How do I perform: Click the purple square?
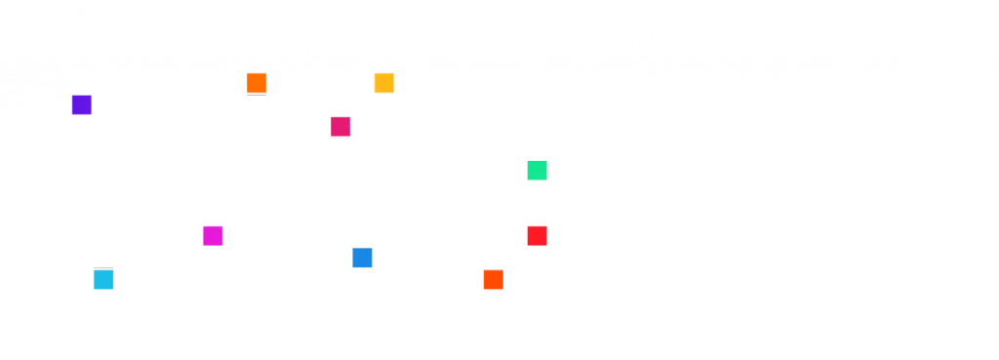81,104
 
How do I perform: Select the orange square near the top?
257,83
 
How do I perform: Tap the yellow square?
384,83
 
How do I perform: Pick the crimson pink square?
340,126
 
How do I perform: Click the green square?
538,170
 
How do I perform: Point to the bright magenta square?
213,236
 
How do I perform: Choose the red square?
538,236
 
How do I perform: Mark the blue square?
362,260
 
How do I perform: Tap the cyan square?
104,280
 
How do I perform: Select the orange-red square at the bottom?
494,280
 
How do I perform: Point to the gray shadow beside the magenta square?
228,237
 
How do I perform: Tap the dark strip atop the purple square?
80,91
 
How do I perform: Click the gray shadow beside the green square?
553,171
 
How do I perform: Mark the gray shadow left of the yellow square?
371,83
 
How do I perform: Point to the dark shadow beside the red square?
551,237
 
